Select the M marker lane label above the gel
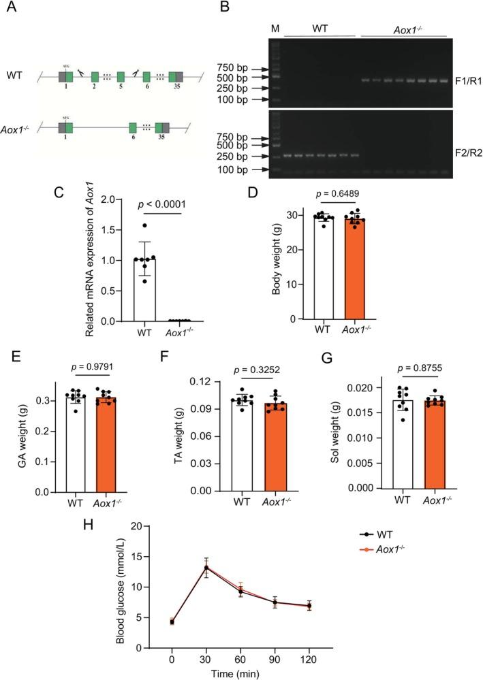click(x=275, y=29)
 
